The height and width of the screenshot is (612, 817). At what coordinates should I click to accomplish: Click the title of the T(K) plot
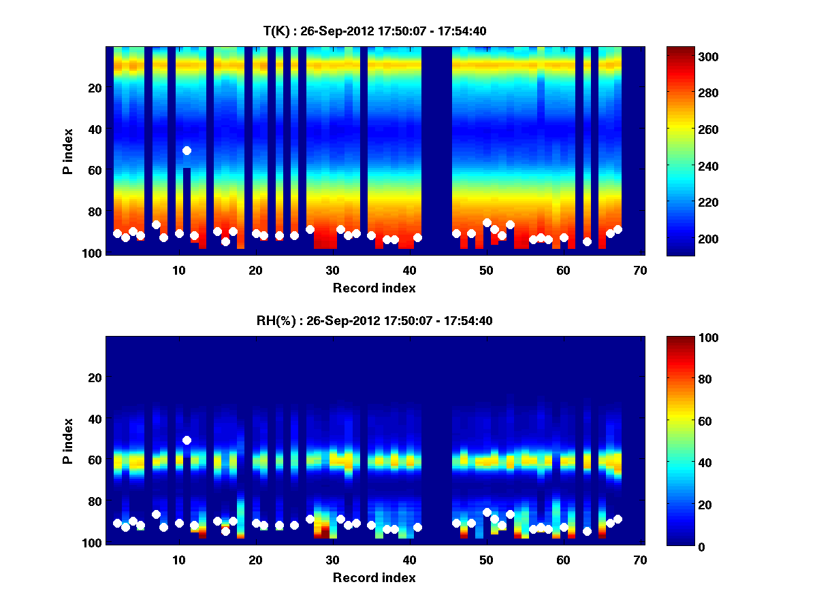point(374,31)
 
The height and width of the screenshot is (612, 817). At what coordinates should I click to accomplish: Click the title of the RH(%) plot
point(374,321)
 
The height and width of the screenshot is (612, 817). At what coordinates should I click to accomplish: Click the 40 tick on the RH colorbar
point(684,463)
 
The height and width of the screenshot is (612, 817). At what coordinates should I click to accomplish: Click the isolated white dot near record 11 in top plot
point(187,150)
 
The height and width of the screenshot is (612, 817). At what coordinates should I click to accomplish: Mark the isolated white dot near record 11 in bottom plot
point(187,440)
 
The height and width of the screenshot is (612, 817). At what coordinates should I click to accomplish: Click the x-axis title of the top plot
point(374,288)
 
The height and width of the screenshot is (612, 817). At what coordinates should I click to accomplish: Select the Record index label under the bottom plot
point(374,577)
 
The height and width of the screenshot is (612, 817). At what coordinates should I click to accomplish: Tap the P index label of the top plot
point(68,151)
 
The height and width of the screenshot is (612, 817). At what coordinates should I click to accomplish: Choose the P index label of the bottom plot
point(68,441)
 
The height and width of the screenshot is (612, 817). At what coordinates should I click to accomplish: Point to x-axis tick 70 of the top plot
point(640,270)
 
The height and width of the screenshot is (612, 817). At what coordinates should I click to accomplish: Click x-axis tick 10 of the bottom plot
point(179,560)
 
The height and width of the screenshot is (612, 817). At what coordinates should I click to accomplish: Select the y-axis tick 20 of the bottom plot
point(94,377)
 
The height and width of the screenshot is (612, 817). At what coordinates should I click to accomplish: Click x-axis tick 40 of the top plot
point(409,270)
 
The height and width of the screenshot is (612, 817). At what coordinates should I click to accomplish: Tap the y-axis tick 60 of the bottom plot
point(94,460)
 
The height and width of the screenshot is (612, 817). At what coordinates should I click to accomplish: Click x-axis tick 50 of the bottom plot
point(486,560)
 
